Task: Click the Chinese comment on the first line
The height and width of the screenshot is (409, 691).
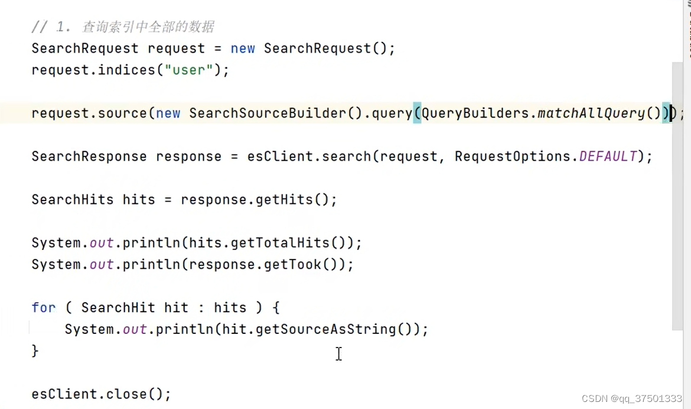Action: coord(148,27)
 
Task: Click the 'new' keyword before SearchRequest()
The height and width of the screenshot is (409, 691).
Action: coord(243,48)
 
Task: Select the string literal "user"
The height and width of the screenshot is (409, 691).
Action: coord(189,70)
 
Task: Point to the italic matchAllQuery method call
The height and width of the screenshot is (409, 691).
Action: coord(591,113)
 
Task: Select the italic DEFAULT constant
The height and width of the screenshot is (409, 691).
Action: coord(608,157)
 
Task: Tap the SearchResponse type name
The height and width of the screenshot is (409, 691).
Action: coord(89,157)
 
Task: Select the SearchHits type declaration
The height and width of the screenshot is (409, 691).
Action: coord(73,200)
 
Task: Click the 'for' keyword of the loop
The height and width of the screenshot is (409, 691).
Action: coord(44,308)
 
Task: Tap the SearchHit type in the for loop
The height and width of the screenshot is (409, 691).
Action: coord(118,308)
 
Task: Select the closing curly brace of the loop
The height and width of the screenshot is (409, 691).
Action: coord(35,350)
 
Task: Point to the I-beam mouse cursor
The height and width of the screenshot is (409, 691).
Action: coord(338,353)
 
